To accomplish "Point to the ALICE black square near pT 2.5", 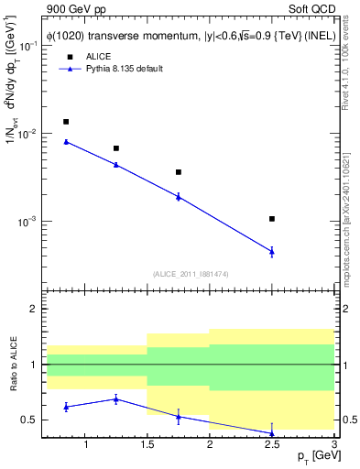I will tap(272, 219).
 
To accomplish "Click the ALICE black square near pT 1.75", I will tap(179, 172).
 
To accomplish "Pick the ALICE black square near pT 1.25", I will tap(115, 148).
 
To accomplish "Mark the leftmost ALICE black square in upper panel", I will tap(66, 122).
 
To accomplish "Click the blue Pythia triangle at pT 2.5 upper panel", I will tap(272, 251).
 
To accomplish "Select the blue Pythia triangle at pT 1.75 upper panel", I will tap(179, 196).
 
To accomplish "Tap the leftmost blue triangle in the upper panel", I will tap(66, 142).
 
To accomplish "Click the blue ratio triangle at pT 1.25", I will tap(115, 398).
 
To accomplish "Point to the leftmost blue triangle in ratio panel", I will tap(66, 406).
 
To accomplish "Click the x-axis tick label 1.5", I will tap(147, 445).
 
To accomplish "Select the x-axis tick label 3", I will tap(333, 445).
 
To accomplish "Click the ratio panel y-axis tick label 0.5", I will tap(29, 420).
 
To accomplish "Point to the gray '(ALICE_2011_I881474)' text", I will tap(190, 273).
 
